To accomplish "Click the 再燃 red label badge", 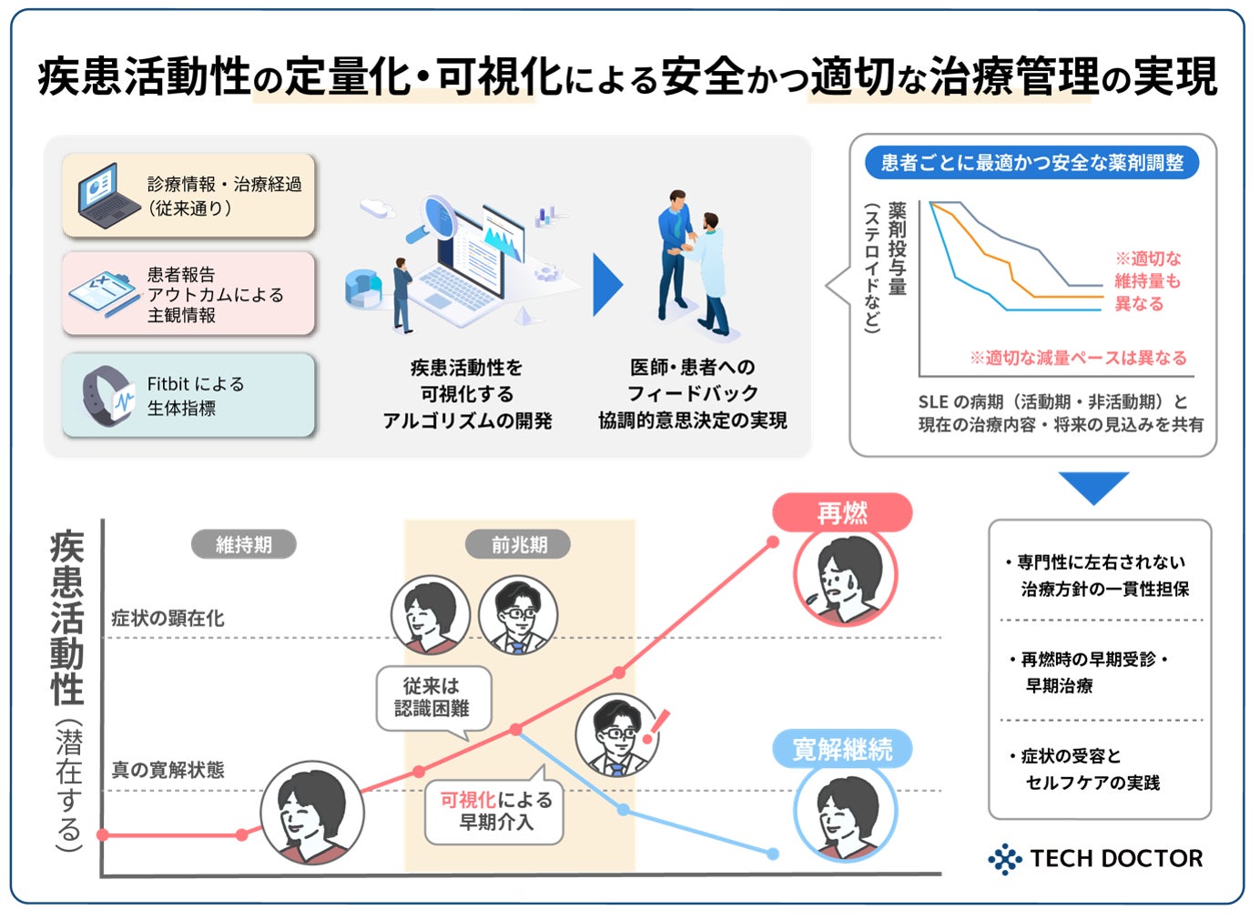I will click(x=842, y=513).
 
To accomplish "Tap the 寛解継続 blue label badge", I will click(x=842, y=750).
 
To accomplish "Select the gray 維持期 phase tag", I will click(x=243, y=544).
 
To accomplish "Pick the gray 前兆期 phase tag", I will click(x=519, y=544).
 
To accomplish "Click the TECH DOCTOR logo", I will click(x=1096, y=858).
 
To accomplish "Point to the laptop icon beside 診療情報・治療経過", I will click(x=108, y=195).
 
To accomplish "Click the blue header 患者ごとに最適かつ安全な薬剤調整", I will click(x=1031, y=163).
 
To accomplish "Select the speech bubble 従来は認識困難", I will click(x=433, y=697).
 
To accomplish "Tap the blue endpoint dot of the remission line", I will click(x=773, y=854).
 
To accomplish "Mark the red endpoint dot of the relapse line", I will click(x=773, y=541).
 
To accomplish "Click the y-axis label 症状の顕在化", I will click(x=168, y=619).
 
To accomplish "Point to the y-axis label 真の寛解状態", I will click(x=168, y=770).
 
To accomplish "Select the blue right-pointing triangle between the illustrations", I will click(x=606, y=285).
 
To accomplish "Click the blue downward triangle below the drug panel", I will click(x=1093, y=487).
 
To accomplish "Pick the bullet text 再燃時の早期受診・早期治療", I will click(x=1089, y=672).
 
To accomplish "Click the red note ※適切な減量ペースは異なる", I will click(x=1078, y=358).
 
